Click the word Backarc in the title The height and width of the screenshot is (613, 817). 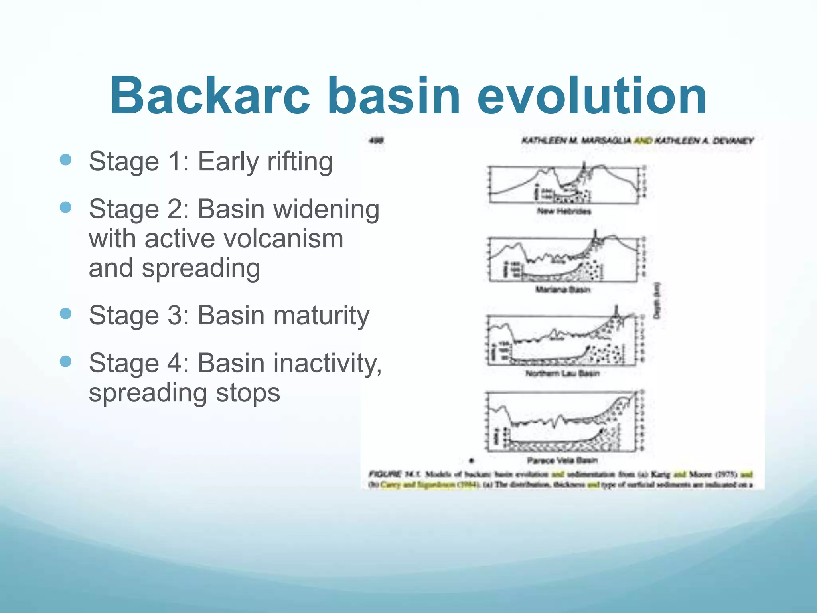tap(210, 96)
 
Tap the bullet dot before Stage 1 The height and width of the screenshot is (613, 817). tap(65, 160)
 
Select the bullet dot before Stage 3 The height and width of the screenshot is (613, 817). tap(65, 314)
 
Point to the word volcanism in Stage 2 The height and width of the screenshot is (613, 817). tap(283, 239)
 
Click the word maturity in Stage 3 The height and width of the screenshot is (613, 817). tap(323, 315)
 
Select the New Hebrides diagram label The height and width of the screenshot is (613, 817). tap(564, 211)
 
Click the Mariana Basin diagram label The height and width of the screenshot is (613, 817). tap(562, 289)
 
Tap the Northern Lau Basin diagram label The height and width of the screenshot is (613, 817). tap(562, 373)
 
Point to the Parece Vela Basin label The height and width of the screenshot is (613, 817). tap(562, 460)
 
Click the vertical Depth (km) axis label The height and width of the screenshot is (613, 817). tap(657, 301)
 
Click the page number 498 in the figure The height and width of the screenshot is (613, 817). tap(376, 140)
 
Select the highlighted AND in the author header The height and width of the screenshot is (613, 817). tap(643, 140)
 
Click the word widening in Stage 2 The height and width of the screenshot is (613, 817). tap(328, 209)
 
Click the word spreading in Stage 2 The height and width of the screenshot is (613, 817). tap(201, 268)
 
